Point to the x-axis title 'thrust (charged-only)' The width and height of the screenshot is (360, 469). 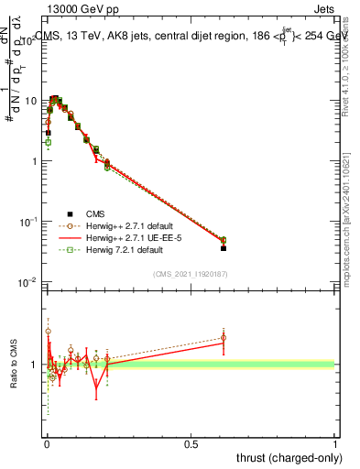[x=285, y=457]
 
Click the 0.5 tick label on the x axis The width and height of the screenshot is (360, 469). [x=191, y=444]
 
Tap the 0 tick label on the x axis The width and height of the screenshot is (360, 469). [x=47, y=444]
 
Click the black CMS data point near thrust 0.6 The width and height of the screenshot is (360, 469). [x=224, y=247]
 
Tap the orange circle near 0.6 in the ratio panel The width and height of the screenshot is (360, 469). [x=224, y=337]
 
